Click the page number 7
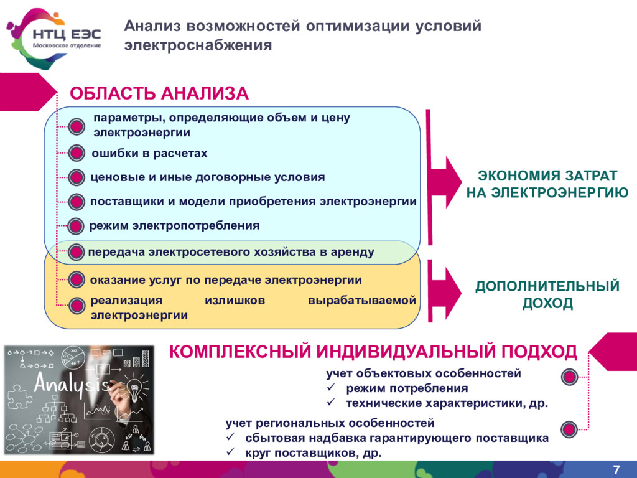pyautogui.click(x=616, y=469)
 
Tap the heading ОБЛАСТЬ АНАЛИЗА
pyautogui.click(x=159, y=93)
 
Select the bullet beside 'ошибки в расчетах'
pyautogui.click(x=76, y=153)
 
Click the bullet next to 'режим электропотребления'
pyautogui.click(x=76, y=226)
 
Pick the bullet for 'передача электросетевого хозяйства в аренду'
pyautogui.click(x=76, y=252)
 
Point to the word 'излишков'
pyautogui.click(x=235, y=301)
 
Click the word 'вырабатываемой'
pyautogui.click(x=361, y=301)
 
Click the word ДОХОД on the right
pyautogui.click(x=547, y=304)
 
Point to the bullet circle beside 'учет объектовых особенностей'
pyautogui.click(x=568, y=377)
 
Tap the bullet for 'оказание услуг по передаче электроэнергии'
pyautogui.click(x=76, y=280)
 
